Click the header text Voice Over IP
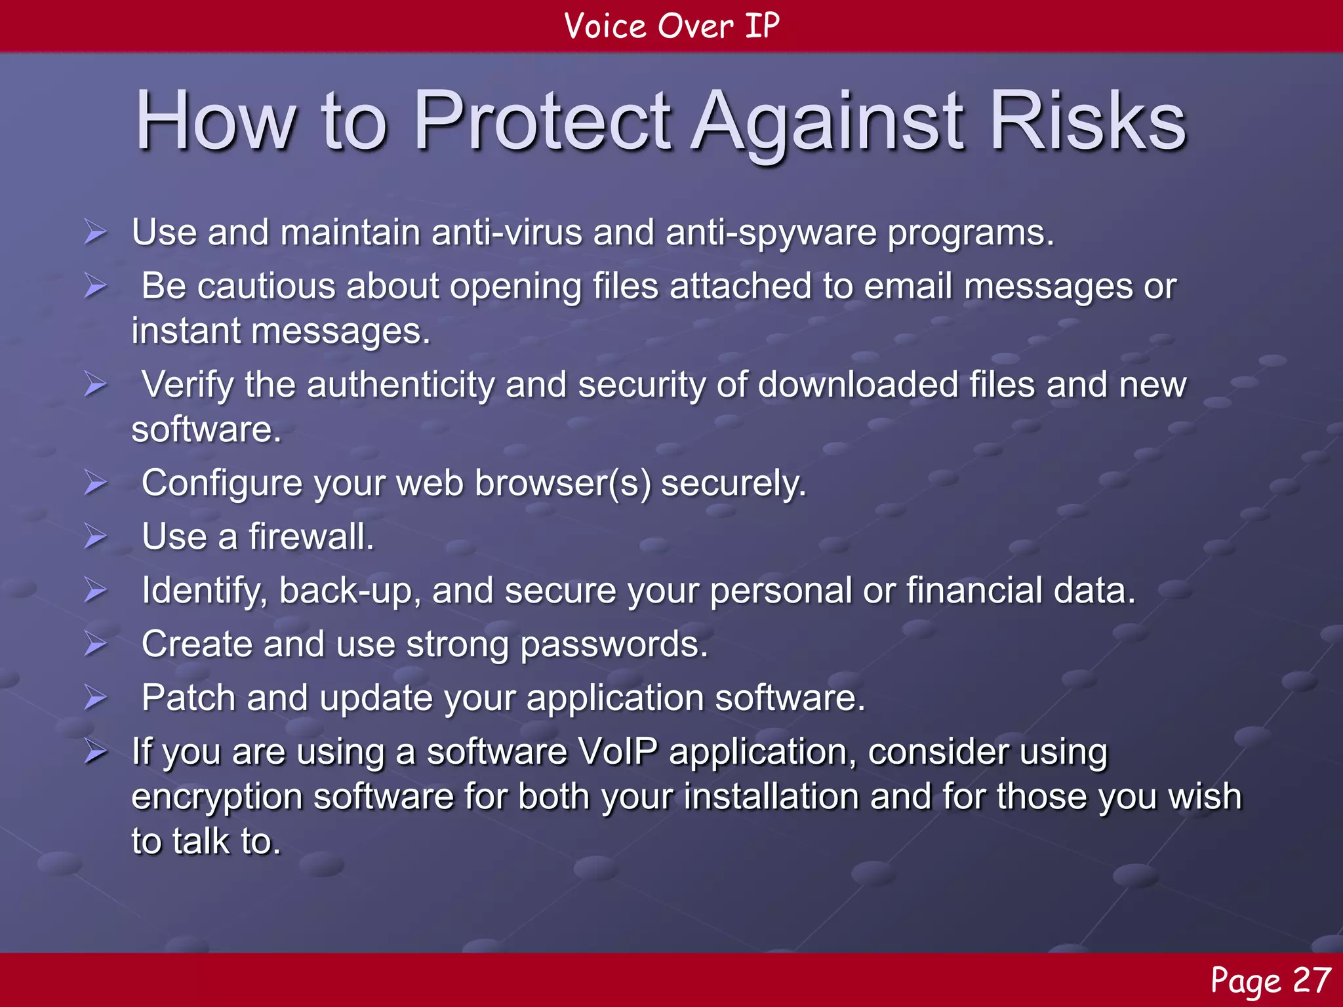point(671,26)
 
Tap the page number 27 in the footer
point(1311,981)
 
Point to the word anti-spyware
point(771,233)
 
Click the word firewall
point(311,537)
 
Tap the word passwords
point(614,645)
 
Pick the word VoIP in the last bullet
point(617,751)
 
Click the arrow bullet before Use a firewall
point(96,537)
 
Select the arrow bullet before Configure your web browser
point(96,484)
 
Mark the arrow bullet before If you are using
point(96,752)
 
